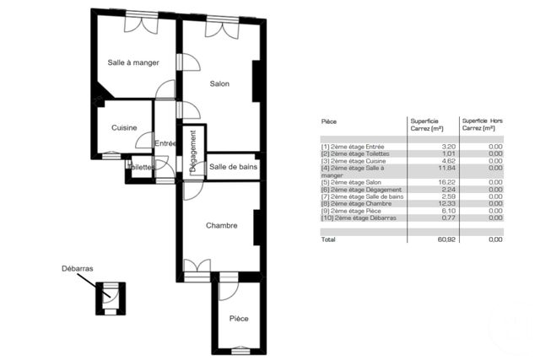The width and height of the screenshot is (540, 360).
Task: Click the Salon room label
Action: point(220,83)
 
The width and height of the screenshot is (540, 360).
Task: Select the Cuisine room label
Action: point(125,127)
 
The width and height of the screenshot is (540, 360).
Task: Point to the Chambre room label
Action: point(221,225)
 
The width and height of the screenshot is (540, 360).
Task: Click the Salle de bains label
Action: point(234,167)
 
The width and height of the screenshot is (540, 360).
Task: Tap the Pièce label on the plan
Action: point(239,319)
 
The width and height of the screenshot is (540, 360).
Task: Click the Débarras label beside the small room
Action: point(77,269)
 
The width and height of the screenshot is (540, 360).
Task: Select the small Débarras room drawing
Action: point(110,299)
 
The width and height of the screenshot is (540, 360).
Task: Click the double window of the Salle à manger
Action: point(141,24)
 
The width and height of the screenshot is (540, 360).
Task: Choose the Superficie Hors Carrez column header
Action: point(482,124)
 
